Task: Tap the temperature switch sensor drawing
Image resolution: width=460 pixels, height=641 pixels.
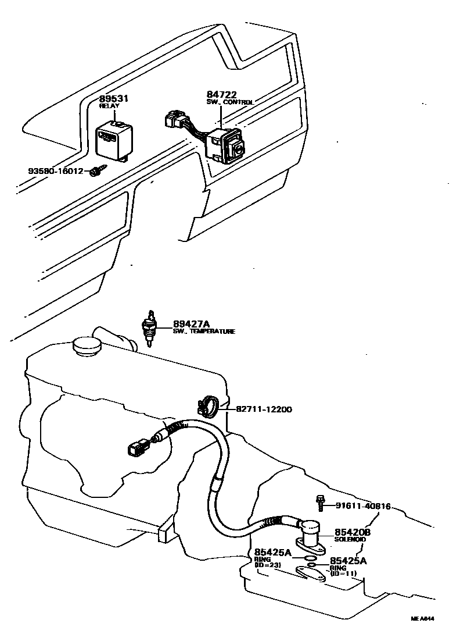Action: [150, 329]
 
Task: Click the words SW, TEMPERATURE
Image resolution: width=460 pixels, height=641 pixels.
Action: [203, 332]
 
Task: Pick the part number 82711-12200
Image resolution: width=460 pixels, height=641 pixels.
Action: [264, 409]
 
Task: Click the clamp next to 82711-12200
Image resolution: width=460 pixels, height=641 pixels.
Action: [208, 405]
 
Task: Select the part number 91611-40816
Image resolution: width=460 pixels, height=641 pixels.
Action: [363, 506]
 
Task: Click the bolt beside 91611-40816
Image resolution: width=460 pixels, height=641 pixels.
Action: [320, 503]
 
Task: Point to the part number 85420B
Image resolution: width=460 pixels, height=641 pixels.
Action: [353, 532]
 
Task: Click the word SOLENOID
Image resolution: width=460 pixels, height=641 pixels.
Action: [350, 540]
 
